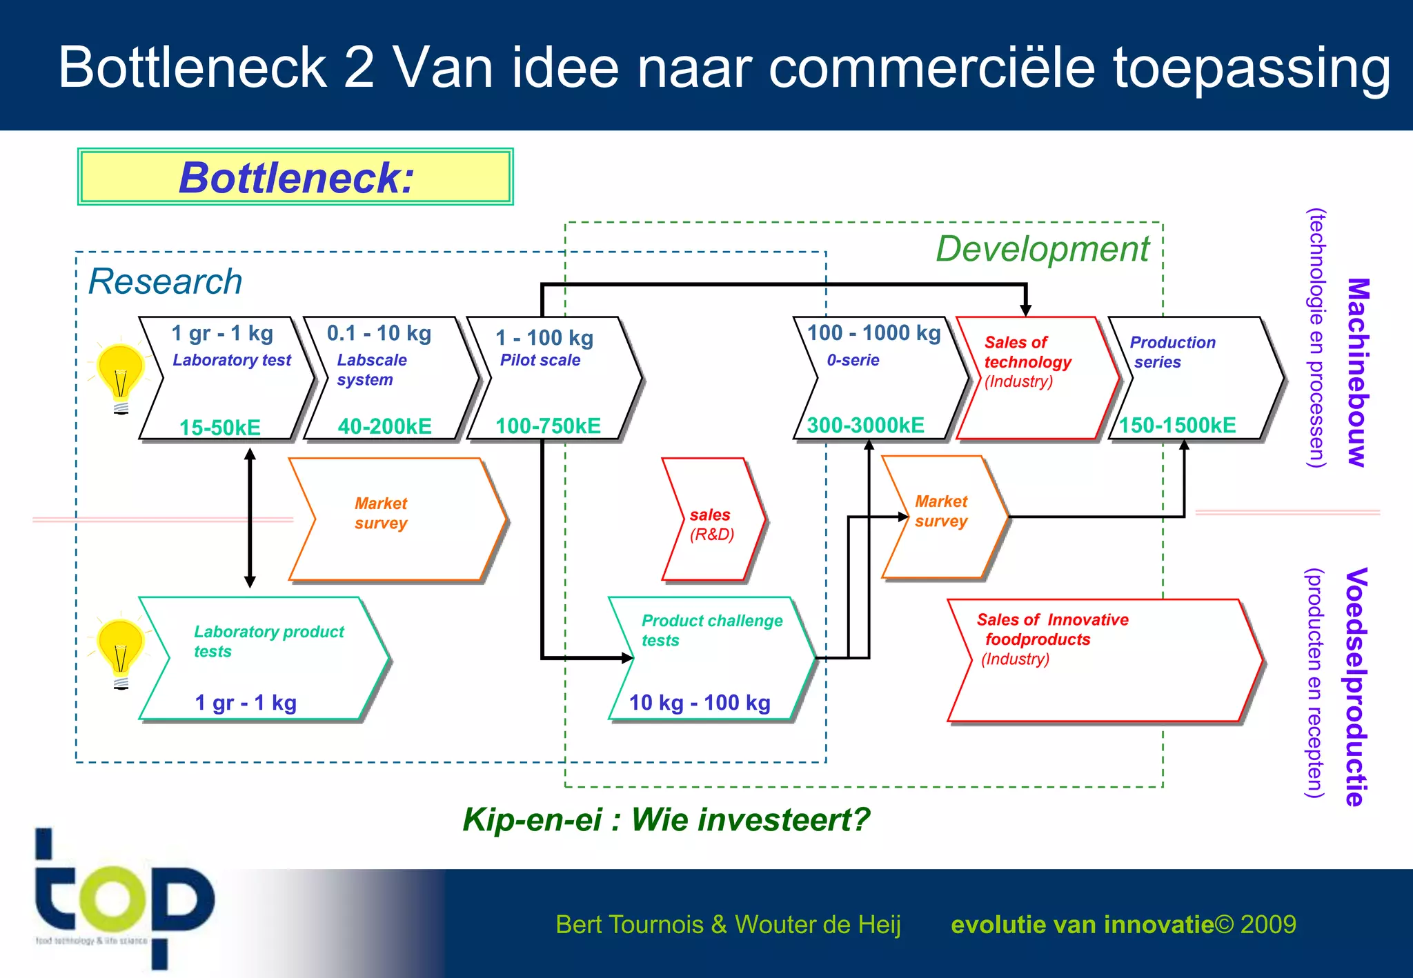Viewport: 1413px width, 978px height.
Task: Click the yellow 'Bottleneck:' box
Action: pyautogui.click(x=295, y=177)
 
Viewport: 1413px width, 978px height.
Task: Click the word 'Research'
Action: pyautogui.click(x=166, y=281)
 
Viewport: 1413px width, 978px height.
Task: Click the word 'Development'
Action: pyautogui.click(x=1042, y=249)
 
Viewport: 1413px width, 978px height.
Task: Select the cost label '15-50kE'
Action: pyautogui.click(x=220, y=428)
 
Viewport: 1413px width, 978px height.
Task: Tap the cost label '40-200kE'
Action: pyautogui.click(x=384, y=426)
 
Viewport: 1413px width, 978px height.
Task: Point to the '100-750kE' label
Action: pyautogui.click(x=548, y=426)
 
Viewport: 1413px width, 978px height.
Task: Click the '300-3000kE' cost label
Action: pyautogui.click(x=865, y=426)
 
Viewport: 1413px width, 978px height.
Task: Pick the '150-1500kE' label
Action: pyautogui.click(x=1177, y=426)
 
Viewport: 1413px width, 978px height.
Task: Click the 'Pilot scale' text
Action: pyautogui.click(x=540, y=360)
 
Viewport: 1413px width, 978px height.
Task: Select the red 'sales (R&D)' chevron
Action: pyautogui.click(x=713, y=521)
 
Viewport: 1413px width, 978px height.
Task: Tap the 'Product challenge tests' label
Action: pyautogui.click(x=712, y=630)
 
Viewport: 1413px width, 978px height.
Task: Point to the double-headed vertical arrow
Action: pyautogui.click(x=250, y=517)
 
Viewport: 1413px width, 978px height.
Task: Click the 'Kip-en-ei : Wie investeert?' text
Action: pyautogui.click(x=666, y=819)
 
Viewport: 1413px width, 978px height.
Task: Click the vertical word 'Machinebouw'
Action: pyautogui.click(x=1356, y=372)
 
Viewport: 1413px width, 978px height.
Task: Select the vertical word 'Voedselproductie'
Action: pyautogui.click(x=1355, y=686)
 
